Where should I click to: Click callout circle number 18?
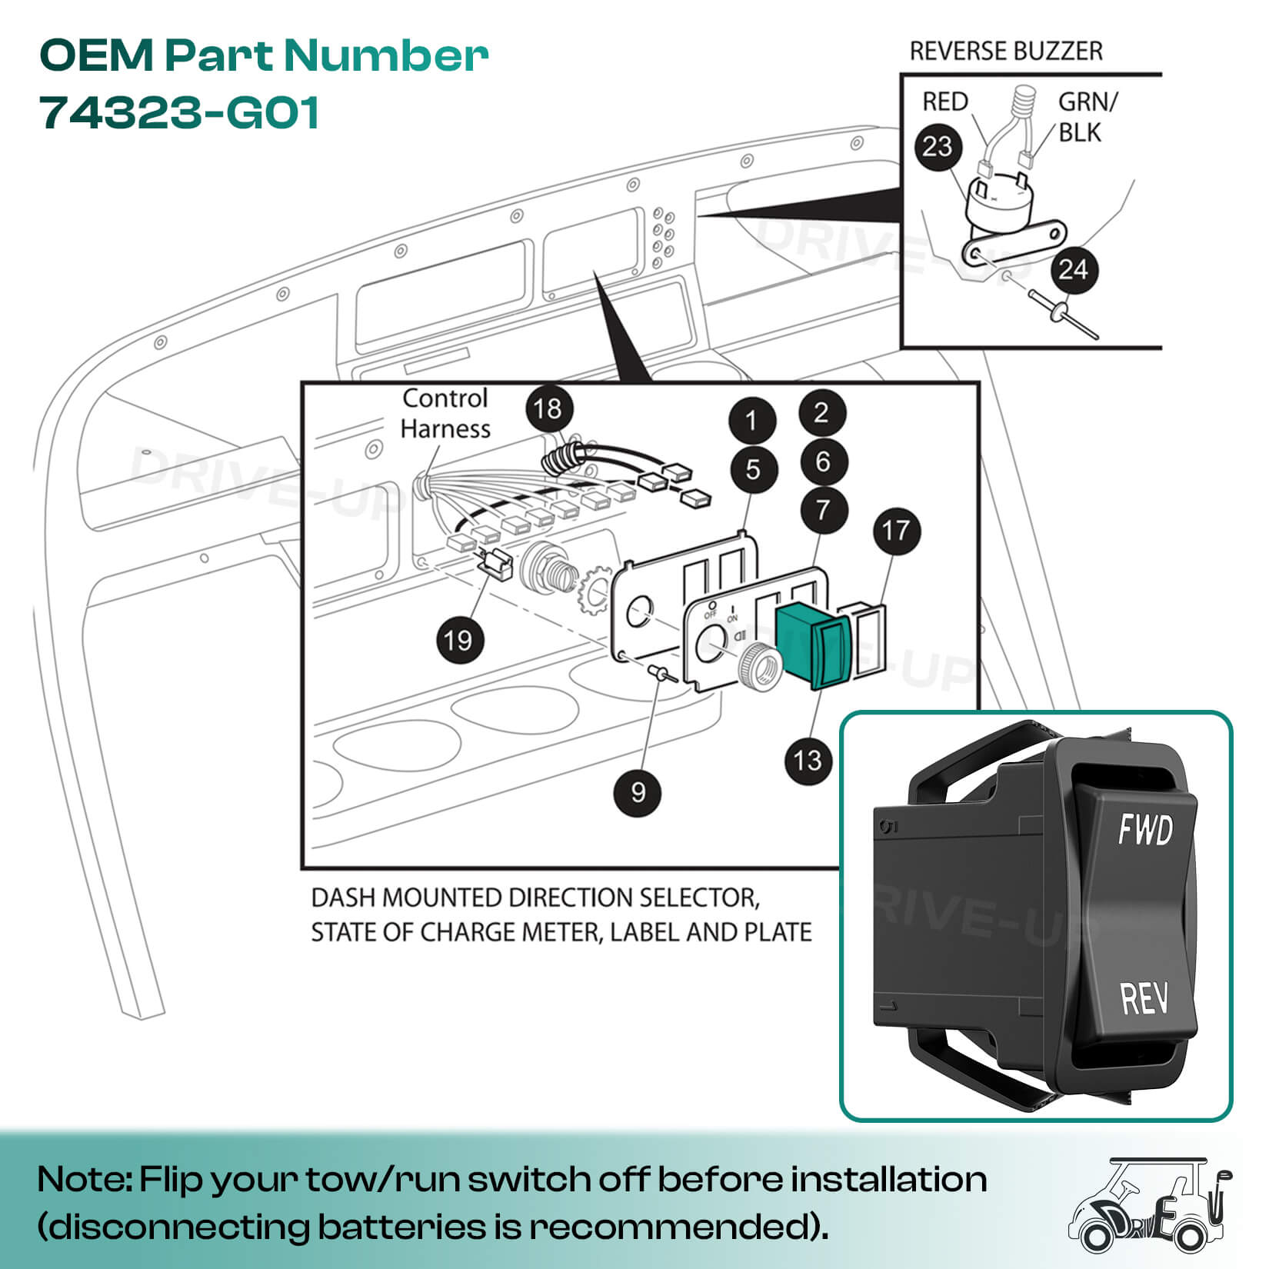(548, 408)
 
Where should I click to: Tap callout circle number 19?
(458, 639)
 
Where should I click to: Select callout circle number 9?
(638, 791)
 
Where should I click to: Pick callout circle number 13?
(808, 761)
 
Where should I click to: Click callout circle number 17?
(896, 531)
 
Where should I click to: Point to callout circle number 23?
(938, 146)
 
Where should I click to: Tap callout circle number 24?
(1073, 269)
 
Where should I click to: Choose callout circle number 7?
(824, 509)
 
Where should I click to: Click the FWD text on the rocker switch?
(1144, 831)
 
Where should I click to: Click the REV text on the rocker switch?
(1144, 998)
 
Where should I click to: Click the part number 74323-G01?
(179, 113)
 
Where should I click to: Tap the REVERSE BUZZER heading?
(1005, 52)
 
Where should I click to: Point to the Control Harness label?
(445, 413)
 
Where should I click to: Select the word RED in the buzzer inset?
(945, 102)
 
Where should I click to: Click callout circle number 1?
(751, 420)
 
